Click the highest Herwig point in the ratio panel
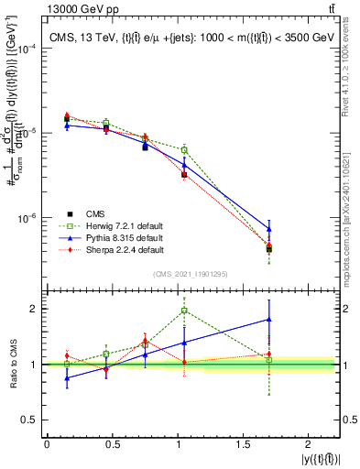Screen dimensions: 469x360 click(185, 310)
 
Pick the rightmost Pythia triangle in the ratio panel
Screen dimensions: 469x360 click(269, 319)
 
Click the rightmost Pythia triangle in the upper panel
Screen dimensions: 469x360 click(269, 228)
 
